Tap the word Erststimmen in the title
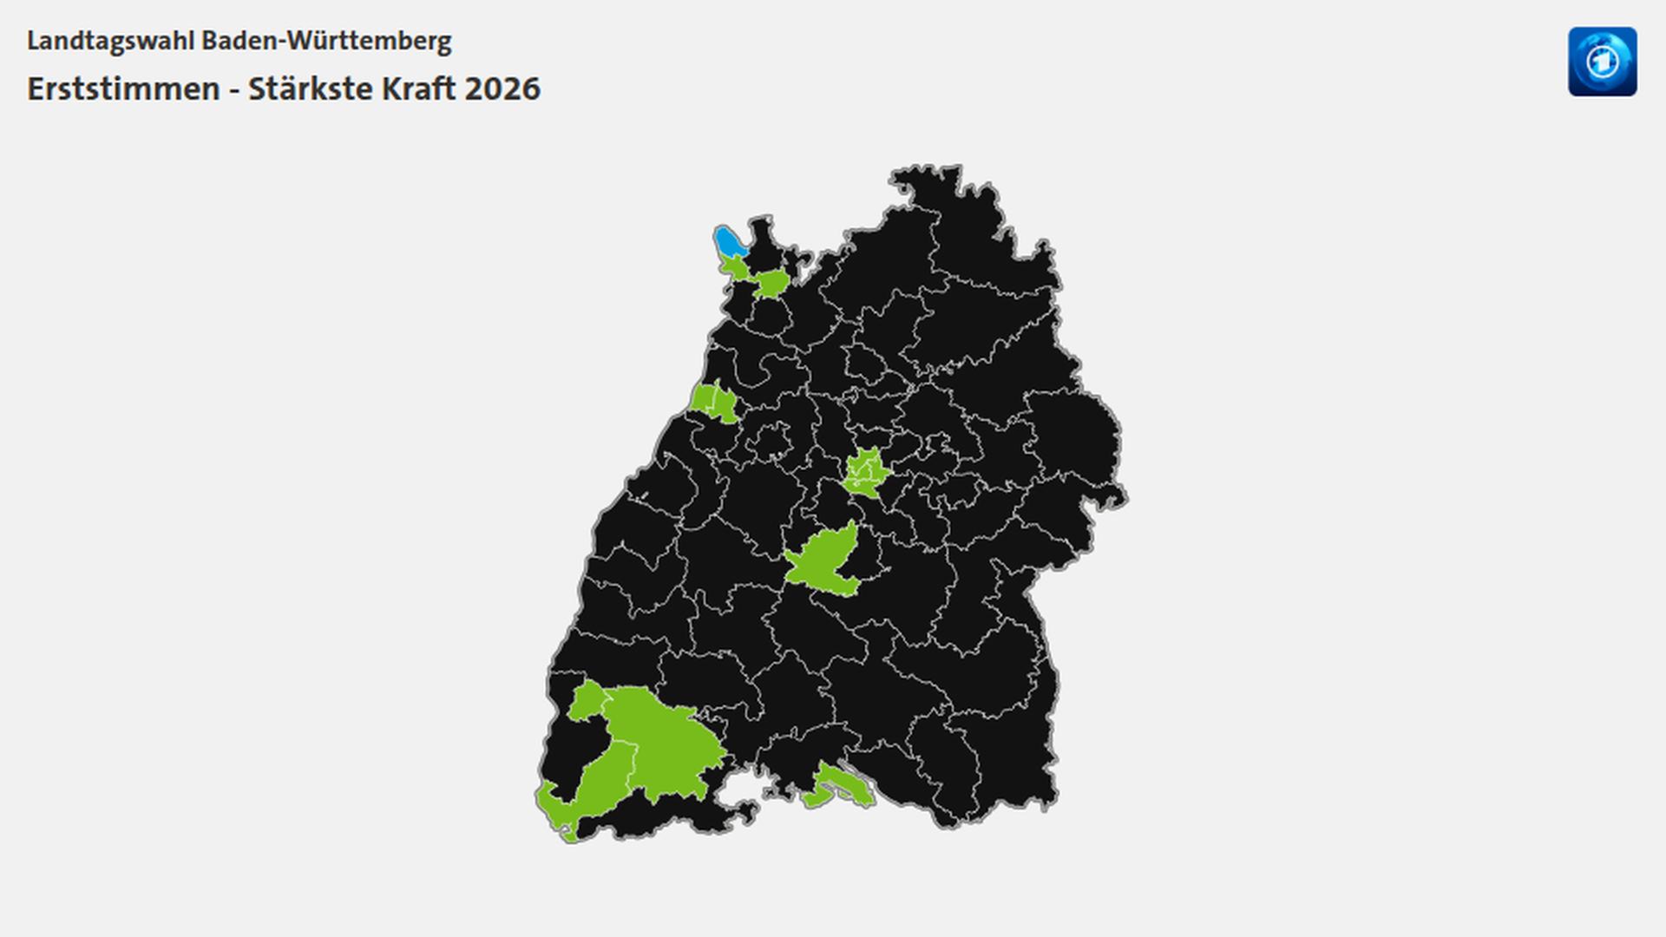pyautogui.click(x=123, y=88)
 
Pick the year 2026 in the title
pyautogui.click(x=502, y=88)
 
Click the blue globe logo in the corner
pyautogui.click(x=1602, y=62)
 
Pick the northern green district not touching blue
pyautogui.click(x=771, y=283)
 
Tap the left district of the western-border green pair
pyautogui.click(x=704, y=398)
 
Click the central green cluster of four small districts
pyautogui.click(x=866, y=472)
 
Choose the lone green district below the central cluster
pyautogui.click(x=823, y=562)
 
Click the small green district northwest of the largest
pyautogui.click(x=587, y=701)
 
